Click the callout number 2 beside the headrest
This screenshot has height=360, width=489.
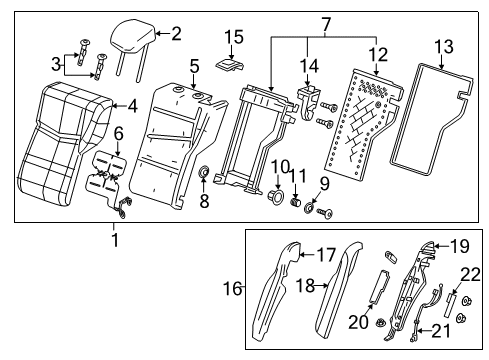click(176, 33)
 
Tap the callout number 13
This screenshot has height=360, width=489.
click(442, 47)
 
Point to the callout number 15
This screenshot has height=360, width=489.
click(233, 38)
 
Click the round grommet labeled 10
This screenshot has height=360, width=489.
click(271, 190)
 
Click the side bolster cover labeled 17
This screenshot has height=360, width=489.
click(281, 290)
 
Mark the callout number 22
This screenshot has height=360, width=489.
click(471, 275)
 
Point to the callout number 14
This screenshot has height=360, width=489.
click(310, 66)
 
